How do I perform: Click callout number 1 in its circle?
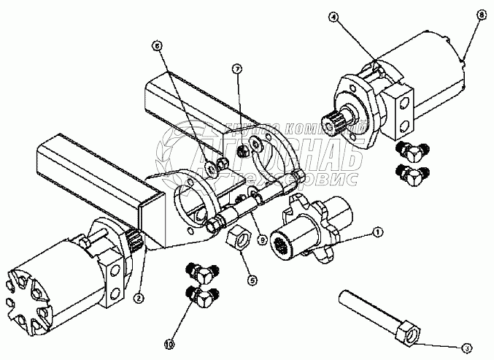377,232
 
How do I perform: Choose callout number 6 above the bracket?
155,45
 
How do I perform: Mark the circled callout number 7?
236,69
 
